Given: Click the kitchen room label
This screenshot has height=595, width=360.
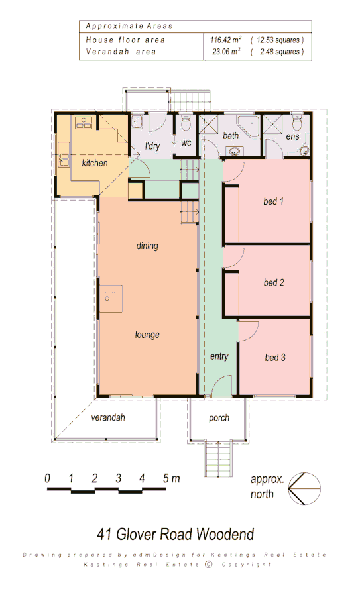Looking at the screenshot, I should coord(94,163).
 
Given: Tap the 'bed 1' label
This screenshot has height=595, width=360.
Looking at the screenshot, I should coord(273,201).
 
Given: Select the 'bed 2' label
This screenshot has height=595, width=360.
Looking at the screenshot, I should coord(273,283).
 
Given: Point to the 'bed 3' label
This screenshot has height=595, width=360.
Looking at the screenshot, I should coord(275,358).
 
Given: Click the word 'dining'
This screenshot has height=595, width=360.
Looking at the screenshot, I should coord(147,246).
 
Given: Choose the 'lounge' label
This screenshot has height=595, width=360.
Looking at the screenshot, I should coord(147,335).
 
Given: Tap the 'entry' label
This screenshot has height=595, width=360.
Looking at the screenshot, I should coord(219,356).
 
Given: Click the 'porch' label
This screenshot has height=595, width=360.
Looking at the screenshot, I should coord(219,419).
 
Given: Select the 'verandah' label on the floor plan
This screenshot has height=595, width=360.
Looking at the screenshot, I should coord(108,419).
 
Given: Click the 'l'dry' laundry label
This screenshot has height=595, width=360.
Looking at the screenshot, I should coord(154,146).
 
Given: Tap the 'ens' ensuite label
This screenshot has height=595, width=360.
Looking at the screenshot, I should coord(292,137).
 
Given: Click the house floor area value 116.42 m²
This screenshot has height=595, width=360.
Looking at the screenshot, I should coord(225,40).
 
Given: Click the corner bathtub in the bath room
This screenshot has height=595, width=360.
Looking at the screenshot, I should coord(250,125).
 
